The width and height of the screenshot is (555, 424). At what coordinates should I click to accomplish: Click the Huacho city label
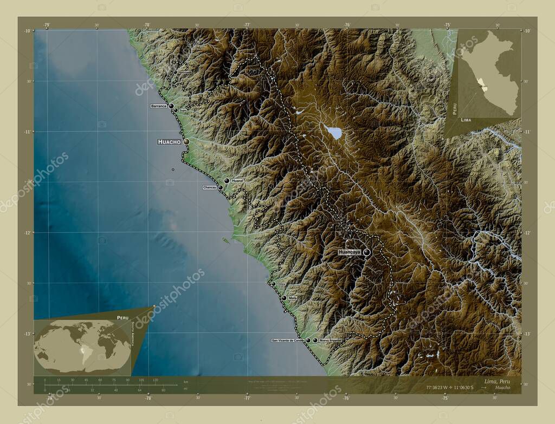169,142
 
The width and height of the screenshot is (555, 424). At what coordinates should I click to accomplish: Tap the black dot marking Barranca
171,106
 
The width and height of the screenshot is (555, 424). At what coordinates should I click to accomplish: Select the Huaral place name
237,180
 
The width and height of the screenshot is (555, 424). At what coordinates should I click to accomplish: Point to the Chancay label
210,187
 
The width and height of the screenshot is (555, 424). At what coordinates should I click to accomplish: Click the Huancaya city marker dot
367,252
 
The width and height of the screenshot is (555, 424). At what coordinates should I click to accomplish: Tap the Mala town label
293,298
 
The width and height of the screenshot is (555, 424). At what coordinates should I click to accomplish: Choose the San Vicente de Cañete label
288,341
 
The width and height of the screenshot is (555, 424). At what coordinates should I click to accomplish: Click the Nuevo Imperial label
331,341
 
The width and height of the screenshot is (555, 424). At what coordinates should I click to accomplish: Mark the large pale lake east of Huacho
333,132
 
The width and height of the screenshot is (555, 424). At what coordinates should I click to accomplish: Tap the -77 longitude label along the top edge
247,25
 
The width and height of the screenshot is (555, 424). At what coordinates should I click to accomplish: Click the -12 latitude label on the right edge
526,232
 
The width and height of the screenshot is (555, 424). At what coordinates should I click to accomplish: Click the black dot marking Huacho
186,141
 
